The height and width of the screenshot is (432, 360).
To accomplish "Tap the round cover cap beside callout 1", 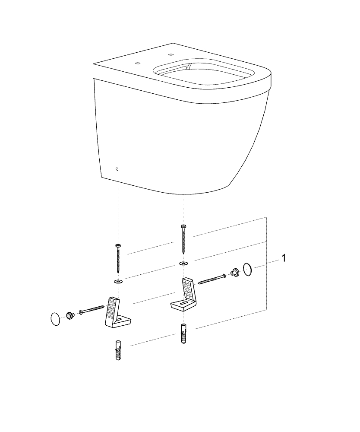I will (x=248, y=269).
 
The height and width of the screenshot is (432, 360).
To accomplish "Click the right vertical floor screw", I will (x=183, y=238).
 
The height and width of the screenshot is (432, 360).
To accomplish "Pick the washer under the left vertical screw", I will (x=118, y=281).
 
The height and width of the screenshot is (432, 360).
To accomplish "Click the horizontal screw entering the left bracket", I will (x=92, y=309).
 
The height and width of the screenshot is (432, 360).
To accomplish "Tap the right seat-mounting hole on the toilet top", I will (x=170, y=54).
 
